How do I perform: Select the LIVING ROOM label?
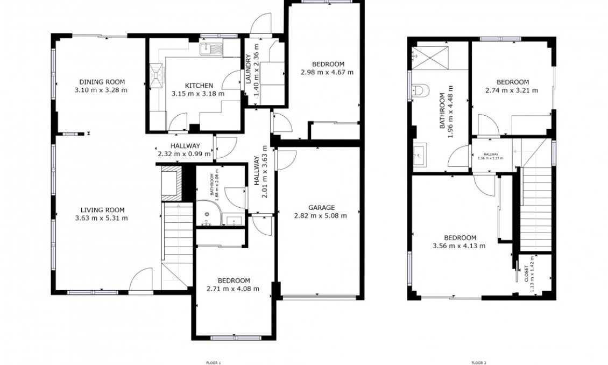102,210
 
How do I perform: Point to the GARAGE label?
321,208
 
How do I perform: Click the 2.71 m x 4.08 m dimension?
233,289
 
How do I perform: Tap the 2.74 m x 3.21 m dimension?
512,90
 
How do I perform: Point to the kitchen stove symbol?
157,75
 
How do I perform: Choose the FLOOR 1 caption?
214,363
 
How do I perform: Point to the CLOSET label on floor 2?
526,273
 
